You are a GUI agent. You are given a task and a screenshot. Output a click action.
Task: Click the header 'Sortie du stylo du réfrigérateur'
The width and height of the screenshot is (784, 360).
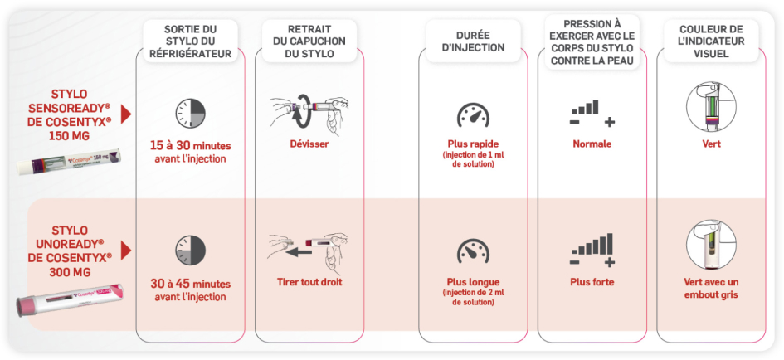pyautogui.click(x=190, y=41)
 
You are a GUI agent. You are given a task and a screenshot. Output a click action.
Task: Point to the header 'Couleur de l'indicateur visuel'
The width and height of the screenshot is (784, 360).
pyautogui.click(x=709, y=41)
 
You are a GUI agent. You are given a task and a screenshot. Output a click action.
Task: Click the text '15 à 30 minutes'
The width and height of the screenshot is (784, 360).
pyautogui.click(x=190, y=146)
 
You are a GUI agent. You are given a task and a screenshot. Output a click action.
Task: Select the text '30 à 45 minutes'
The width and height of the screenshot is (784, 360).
pyautogui.click(x=190, y=284)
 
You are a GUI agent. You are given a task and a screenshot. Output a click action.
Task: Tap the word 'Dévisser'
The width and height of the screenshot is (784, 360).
pyautogui.click(x=309, y=144)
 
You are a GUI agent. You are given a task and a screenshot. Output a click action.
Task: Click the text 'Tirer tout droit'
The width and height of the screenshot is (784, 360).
pyautogui.click(x=309, y=281)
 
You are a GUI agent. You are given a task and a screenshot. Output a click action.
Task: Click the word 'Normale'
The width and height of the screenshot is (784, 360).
pyautogui.click(x=592, y=144)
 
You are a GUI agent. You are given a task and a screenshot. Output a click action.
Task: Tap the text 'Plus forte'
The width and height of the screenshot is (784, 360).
pyautogui.click(x=592, y=281)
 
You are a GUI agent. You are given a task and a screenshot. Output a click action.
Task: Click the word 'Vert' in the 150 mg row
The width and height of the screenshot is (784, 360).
pyautogui.click(x=710, y=144)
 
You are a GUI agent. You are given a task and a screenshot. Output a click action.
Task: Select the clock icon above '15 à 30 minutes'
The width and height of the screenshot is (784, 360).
pyautogui.click(x=190, y=114)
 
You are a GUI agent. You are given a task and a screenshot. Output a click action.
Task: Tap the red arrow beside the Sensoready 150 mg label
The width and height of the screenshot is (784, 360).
pyautogui.click(x=126, y=114)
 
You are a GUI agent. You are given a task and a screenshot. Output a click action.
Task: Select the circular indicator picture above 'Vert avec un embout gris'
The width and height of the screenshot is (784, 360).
pyautogui.click(x=710, y=244)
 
